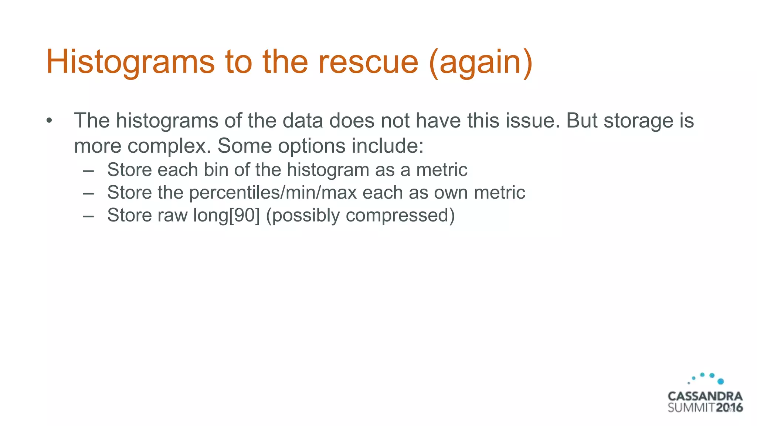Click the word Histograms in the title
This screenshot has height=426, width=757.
(130, 62)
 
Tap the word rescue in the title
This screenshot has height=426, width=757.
(368, 62)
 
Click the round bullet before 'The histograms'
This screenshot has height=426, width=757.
(50, 121)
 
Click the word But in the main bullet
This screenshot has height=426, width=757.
(582, 121)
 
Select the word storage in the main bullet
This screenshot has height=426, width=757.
(638, 121)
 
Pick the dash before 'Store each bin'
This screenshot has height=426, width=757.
(88, 170)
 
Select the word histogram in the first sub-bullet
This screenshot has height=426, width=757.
(328, 170)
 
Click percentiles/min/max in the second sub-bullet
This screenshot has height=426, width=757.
(273, 193)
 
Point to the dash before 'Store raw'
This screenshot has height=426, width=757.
(88, 216)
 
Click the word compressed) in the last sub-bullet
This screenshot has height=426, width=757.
(400, 216)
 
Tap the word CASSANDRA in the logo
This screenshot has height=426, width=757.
(705, 396)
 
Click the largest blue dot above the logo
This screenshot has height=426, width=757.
(720, 381)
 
